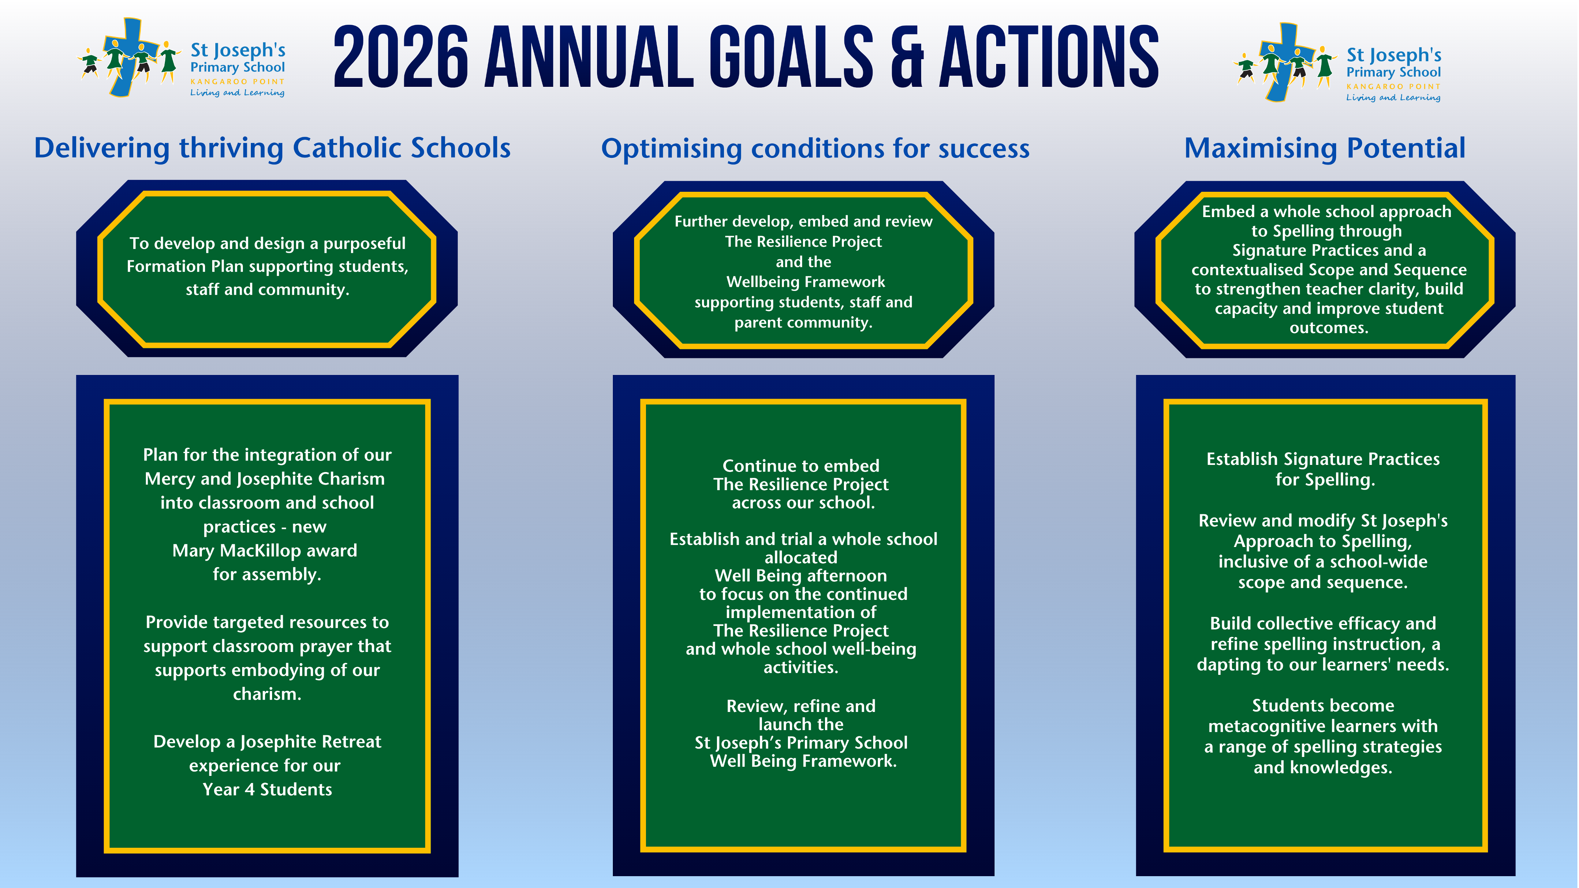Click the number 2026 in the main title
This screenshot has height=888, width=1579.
(x=401, y=57)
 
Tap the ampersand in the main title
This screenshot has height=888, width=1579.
(x=906, y=57)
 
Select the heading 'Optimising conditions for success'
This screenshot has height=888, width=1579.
(x=815, y=148)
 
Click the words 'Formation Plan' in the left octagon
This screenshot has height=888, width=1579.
(x=166, y=266)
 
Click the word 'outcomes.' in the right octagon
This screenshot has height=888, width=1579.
(x=1328, y=328)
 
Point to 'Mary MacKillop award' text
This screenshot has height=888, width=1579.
(x=265, y=550)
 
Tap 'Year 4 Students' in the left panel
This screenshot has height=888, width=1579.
(x=267, y=789)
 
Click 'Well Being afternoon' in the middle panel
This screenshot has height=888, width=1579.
(x=801, y=575)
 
